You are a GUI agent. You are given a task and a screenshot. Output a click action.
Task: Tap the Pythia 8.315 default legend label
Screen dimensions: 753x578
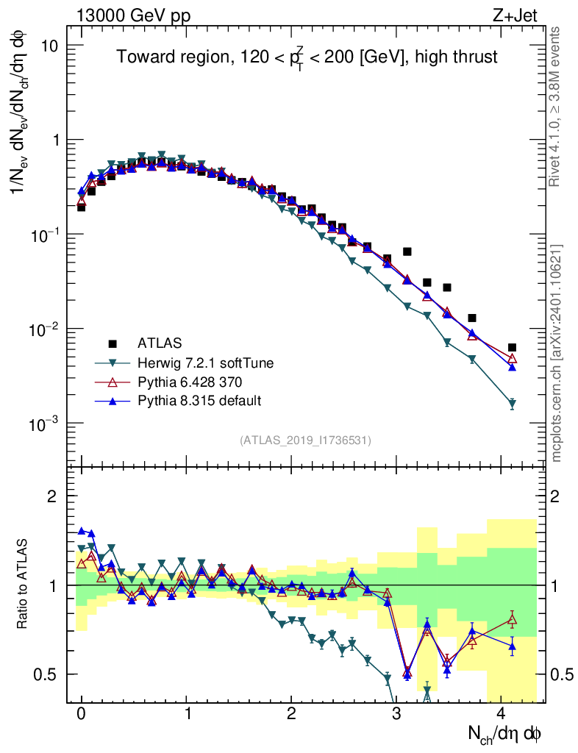[x=199, y=401]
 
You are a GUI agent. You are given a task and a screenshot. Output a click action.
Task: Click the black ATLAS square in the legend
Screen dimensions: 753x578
[x=113, y=343]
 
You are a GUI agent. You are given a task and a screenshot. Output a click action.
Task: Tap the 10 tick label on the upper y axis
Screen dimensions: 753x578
[x=49, y=46]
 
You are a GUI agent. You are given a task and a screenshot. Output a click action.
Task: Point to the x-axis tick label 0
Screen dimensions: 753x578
[x=81, y=714]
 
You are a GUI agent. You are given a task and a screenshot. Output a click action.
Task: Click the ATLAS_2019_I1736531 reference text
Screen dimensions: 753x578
[x=305, y=440]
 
